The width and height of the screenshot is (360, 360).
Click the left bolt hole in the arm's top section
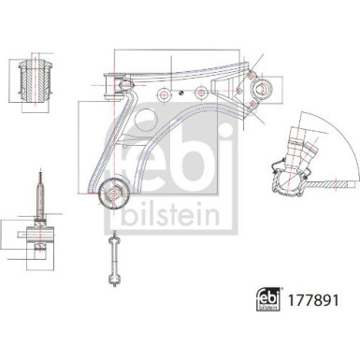coord(164,94)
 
